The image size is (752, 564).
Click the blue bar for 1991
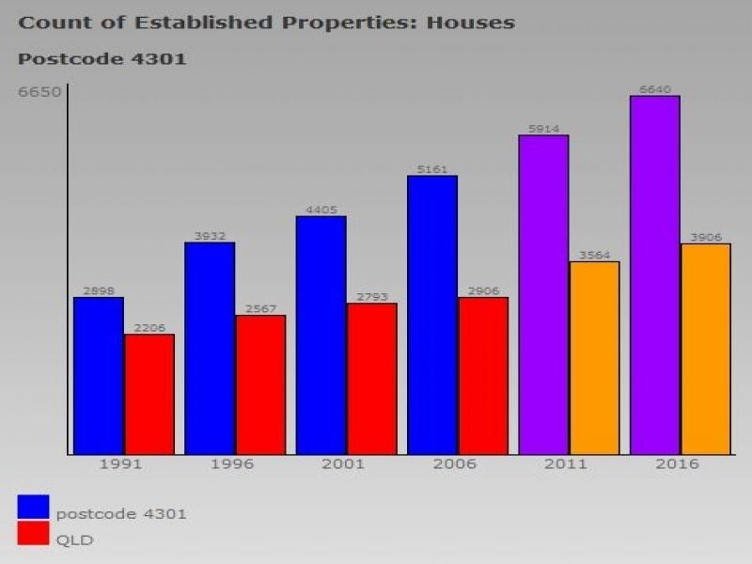pos(98,376)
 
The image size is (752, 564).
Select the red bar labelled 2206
pos(149,395)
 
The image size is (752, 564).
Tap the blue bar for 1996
pos(210,349)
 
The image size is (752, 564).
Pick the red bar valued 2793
pos(371,379)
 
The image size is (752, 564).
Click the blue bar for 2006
pos(432,315)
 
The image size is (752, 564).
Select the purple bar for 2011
pos(543,295)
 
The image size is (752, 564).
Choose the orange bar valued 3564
pos(594,358)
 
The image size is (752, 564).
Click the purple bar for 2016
pos(654,275)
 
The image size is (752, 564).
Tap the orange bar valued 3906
pos(706,349)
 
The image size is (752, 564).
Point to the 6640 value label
pos(654,89)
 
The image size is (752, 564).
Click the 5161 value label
pos(432,169)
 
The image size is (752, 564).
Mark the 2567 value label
pos(260,308)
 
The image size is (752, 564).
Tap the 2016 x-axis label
pos(676,464)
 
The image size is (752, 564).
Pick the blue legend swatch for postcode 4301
pos(33,507)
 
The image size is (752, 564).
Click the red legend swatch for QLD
pos(33,534)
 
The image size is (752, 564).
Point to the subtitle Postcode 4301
pos(102,59)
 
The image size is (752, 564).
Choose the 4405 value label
pos(321,210)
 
